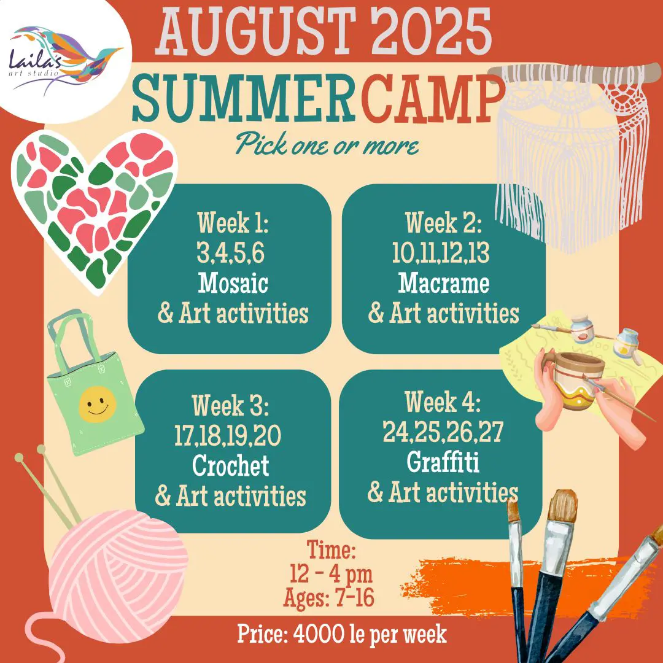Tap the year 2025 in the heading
point(432,32)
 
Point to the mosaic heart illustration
point(94,210)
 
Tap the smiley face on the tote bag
point(97,404)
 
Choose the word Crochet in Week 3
point(230,465)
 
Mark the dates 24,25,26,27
point(443,432)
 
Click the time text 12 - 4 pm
point(331,574)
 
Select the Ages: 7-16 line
point(329,597)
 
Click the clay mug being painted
point(575,381)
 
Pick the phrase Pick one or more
point(327,144)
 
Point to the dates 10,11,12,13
point(441,253)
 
